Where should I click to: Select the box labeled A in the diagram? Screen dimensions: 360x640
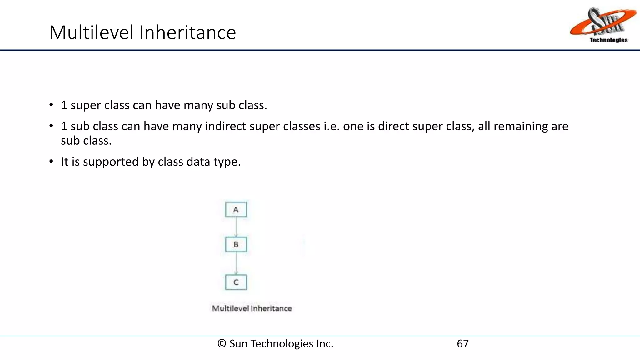[x=236, y=210]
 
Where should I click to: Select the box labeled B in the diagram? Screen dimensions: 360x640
[x=236, y=245]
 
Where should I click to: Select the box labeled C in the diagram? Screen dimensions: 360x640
[x=236, y=282]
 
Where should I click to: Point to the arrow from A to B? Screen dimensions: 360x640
[x=236, y=227]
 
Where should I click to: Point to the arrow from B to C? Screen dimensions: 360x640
[x=236, y=263]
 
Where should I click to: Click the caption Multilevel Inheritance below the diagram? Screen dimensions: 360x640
[x=252, y=308]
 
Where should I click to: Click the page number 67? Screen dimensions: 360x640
[x=462, y=344]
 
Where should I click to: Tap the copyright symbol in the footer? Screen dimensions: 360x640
[x=222, y=344]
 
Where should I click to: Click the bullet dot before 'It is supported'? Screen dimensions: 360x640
[x=51, y=162]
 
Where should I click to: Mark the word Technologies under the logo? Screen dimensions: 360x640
[x=608, y=40]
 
